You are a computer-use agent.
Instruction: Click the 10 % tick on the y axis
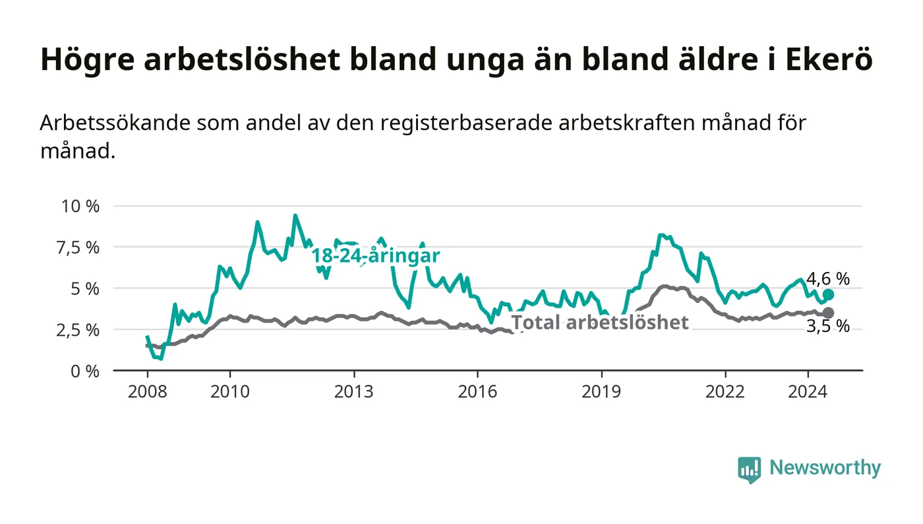pos(80,206)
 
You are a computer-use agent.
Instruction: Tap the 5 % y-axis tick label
pos(85,288)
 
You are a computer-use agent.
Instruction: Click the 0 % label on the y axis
pos(85,371)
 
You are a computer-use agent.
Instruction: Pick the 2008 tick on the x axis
pos(146,392)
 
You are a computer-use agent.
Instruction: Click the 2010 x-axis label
pos(229,392)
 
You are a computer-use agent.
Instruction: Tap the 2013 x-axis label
pos(353,392)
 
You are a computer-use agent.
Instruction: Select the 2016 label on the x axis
pos(477,392)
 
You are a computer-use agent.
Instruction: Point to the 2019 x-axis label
pos(601,392)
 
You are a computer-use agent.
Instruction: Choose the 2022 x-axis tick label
pos(725,392)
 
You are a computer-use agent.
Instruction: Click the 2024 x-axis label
pos(808,392)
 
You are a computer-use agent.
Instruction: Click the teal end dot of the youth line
pos(828,294)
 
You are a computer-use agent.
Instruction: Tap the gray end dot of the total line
pos(828,313)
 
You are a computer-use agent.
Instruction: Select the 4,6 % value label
pos(828,278)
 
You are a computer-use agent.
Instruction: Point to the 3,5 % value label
pos(828,327)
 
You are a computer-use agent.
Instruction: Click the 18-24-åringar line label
pos(376,256)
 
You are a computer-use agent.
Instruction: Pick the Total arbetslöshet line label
pos(600,323)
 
